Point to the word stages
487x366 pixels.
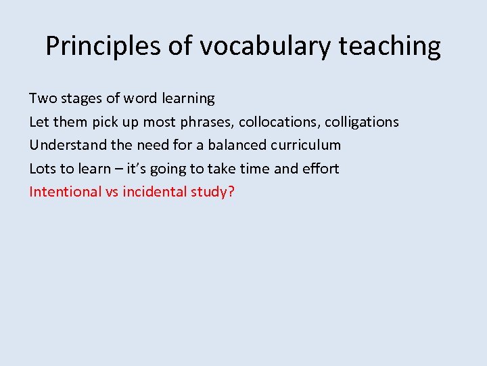83,99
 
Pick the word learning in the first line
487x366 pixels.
188,99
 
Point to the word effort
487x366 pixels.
321,168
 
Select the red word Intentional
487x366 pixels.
65,191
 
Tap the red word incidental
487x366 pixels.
154,191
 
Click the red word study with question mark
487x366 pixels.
212,192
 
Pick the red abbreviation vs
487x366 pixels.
112,192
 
